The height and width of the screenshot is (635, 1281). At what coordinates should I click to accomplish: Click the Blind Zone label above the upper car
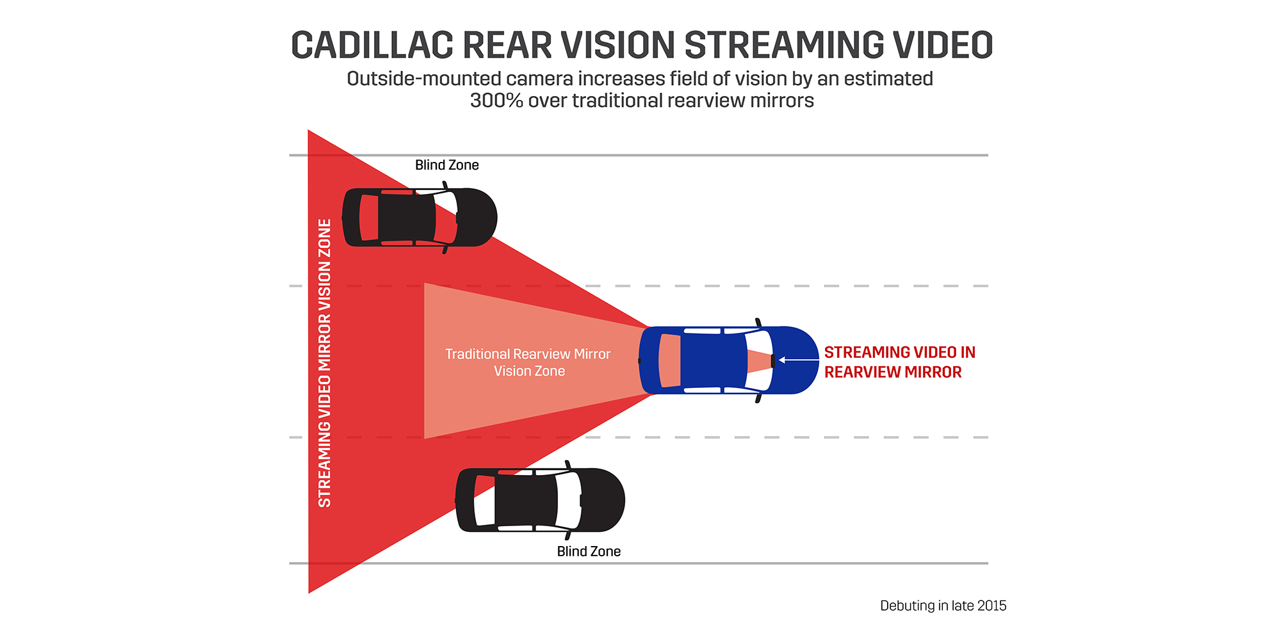pyautogui.click(x=447, y=165)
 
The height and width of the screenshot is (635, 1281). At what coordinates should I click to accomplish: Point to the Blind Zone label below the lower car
pyautogui.click(x=589, y=552)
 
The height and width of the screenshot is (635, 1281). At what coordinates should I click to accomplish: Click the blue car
pyautogui.click(x=729, y=360)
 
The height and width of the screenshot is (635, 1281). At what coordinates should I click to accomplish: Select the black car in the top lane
pyautogui.click(x=420, y=218)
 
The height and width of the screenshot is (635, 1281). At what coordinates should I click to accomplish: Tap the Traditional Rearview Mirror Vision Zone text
pyautogui.click(x=528, y=362)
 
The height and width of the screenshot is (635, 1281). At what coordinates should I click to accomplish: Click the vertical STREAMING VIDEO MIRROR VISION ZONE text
pyautogui.click(x=325, y=363)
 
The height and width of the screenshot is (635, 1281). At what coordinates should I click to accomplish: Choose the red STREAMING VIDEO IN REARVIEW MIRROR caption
pyautogui.click(x=899, y=362)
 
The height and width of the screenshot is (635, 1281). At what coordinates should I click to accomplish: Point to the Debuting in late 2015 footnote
pyautogui.click(x=943, y=606)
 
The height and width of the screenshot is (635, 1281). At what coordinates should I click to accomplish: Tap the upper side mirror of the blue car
pyautogui.click(x=759, y=323)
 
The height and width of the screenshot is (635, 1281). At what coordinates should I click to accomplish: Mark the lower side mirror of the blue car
pyautogui.click(x=759, y=398)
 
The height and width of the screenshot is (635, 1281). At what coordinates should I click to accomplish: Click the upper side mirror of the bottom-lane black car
pyautogui.click(x=568, y=465)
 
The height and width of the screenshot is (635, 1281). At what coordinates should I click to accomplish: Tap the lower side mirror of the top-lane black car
pyautogui.click(x=445, y=249)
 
